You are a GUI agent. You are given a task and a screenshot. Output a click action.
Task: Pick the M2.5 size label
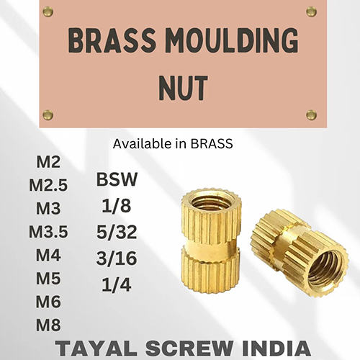coord(48,186)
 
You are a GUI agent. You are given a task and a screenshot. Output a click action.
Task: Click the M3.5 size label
coord(48,233)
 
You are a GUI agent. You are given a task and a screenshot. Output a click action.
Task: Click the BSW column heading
coord(117,179)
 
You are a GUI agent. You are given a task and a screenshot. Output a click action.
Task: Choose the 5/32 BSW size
coord(117,233)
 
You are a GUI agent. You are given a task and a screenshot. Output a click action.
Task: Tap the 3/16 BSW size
coord(117,258)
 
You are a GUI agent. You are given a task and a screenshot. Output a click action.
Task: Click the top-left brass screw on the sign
coord(48,12)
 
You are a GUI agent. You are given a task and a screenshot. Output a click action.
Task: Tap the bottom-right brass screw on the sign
coord(311,115)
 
